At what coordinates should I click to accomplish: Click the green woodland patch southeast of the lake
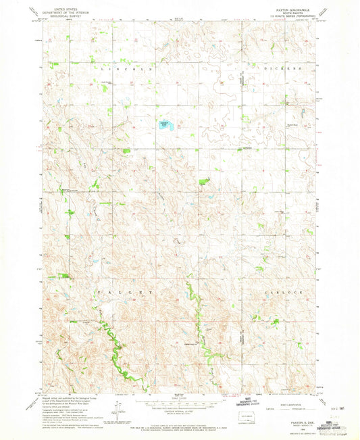203,180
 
